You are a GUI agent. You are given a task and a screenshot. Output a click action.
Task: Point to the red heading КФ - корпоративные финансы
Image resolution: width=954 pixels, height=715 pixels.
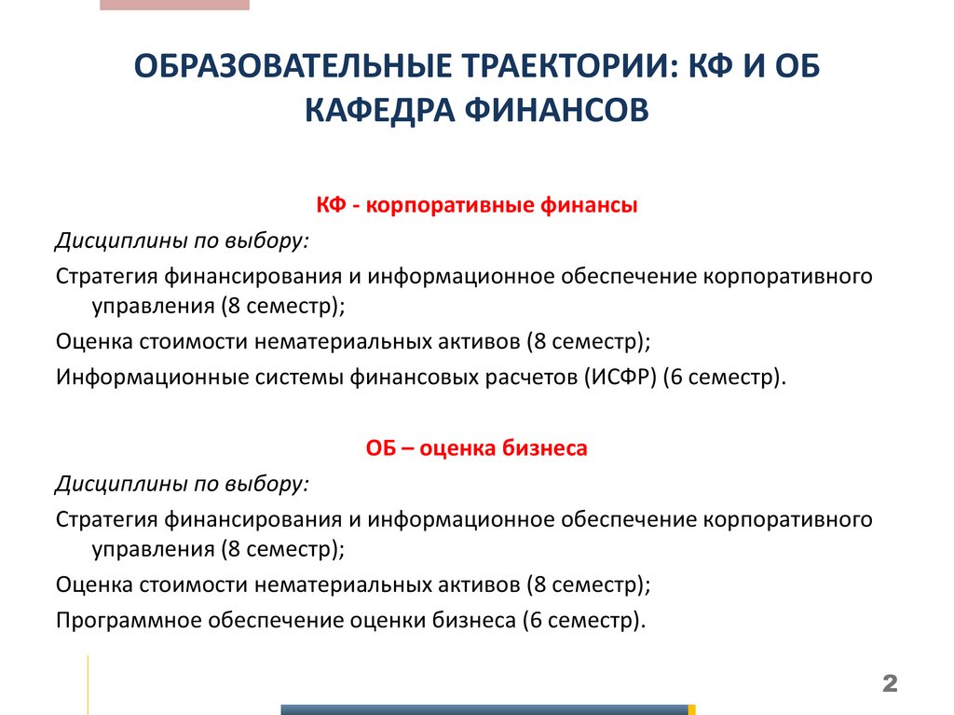476,206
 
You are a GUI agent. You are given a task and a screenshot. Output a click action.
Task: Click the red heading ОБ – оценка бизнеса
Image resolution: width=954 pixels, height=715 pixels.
476,448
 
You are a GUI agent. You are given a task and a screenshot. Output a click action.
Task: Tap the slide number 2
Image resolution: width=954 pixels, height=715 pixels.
889,685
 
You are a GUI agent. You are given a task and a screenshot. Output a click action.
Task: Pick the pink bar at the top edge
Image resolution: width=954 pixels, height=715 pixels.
174,5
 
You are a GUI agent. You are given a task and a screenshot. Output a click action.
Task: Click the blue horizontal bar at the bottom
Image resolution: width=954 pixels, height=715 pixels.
484,709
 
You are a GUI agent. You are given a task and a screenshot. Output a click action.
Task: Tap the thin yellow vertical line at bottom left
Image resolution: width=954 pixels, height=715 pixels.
89,684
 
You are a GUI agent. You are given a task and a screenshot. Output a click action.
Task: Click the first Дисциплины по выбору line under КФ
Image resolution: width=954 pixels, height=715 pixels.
183,241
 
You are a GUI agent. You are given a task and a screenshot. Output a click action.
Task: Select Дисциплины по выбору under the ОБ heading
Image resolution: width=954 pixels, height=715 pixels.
183,484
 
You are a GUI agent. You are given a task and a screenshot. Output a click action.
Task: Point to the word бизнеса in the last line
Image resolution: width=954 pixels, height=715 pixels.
474,620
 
